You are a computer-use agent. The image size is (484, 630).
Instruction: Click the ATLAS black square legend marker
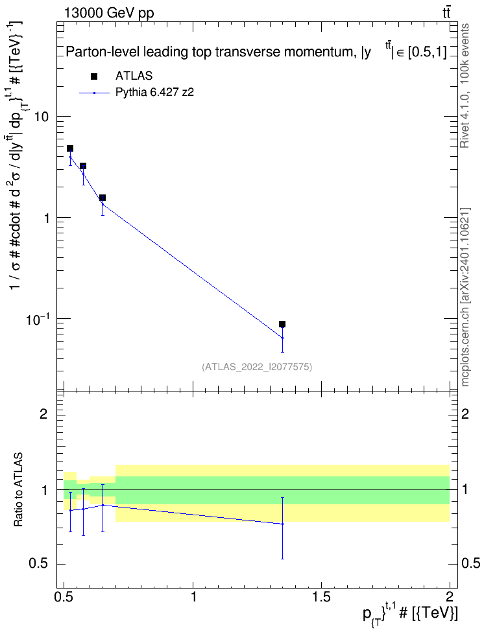pyautogui.click(x=94, y=76)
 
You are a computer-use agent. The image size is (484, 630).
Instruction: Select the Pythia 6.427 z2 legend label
pyautogui.click(x=154, y=93)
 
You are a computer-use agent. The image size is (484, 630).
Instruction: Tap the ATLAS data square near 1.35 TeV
pyautogui.click(x=282, y=324)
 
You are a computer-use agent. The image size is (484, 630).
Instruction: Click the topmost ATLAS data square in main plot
pyautogui.click(x=70, y=148)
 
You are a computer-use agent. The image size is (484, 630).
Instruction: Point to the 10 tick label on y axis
pyautogui.click(x=42, y=117)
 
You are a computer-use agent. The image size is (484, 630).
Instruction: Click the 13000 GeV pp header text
pyautogui.click(x=108, y=13)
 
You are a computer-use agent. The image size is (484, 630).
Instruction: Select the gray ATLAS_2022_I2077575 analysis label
pyautogui.click(x=257, y=366)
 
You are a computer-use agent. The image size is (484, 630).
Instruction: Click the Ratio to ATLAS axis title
pyautogui.click(x=18, y=489)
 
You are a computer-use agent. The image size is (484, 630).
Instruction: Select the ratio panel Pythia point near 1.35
pyautogui.click(x=282, y=524)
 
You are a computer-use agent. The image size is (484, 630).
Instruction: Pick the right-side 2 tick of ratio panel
pyautogui.click(x=465, y=414)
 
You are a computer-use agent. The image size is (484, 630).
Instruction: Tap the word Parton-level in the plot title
pyautogui.click(x=97, y=52)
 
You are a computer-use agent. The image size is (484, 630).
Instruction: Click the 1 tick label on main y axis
pyautogui.click(x=47, y=218)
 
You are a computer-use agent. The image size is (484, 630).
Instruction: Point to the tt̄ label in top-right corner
pyautogui.click(x=446, y=13)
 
